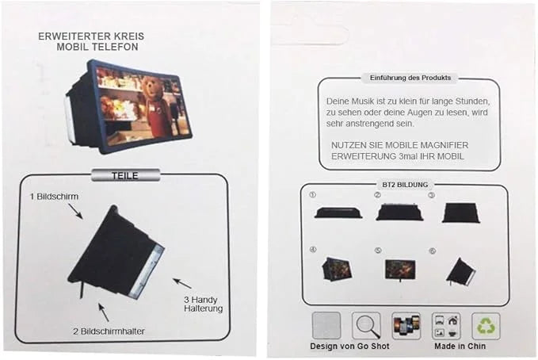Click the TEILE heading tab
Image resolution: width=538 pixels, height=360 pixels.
tap(125, 175)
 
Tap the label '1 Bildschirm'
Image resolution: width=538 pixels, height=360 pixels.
tap(54, 197)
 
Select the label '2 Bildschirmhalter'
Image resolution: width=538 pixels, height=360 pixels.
tap(109, 331)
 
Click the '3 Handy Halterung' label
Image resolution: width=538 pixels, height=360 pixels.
tap(203, 304)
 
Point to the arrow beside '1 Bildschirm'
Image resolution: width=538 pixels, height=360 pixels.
tap(75, 211)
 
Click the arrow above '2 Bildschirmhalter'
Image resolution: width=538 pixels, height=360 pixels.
tap(104, 312)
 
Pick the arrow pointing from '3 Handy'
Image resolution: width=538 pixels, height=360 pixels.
tap(182, 283)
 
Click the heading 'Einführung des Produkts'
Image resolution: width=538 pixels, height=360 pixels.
tap(410, 78)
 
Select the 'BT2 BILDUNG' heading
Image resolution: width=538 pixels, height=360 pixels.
tap(405, 185)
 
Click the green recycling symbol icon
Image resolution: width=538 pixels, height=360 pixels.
tap(486, 326)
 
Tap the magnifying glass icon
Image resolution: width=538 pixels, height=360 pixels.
tap(366, 326)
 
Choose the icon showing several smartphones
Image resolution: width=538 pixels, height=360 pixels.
tap(406, 326)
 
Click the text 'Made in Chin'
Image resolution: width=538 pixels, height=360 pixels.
tap(460, 347)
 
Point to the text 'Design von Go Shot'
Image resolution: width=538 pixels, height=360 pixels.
tap(349, 347)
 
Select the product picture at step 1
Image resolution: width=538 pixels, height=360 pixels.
tap(338, 212)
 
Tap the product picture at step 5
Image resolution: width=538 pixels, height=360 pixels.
tap(400, 270)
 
